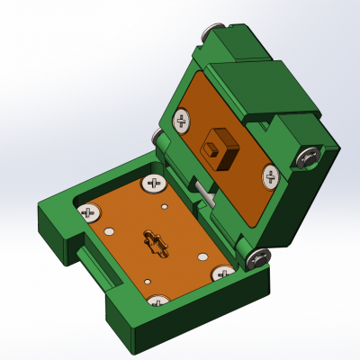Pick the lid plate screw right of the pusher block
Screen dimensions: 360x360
pyautogui.click(x=270, y=175)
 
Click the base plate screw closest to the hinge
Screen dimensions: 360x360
pyautogui.click(x=153, y=184)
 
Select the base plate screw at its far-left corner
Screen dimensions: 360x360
pyautogui.click(x=88, y=212)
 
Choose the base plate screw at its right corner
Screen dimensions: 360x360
pyautogui.click(x=222, y=273)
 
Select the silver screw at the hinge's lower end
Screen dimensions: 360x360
pyautogui.click(x=259, y=258)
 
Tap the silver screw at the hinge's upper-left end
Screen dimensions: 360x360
pyautogui.click(x=157, y=136)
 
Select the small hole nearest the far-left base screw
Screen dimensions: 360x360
pyautogui.click(x=108, y=231)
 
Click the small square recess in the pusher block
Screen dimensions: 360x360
pyautogui.click(x=212, y=149)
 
